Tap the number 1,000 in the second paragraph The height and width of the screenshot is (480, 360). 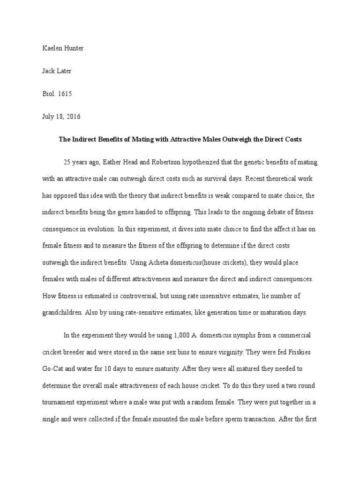coord(183,336)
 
